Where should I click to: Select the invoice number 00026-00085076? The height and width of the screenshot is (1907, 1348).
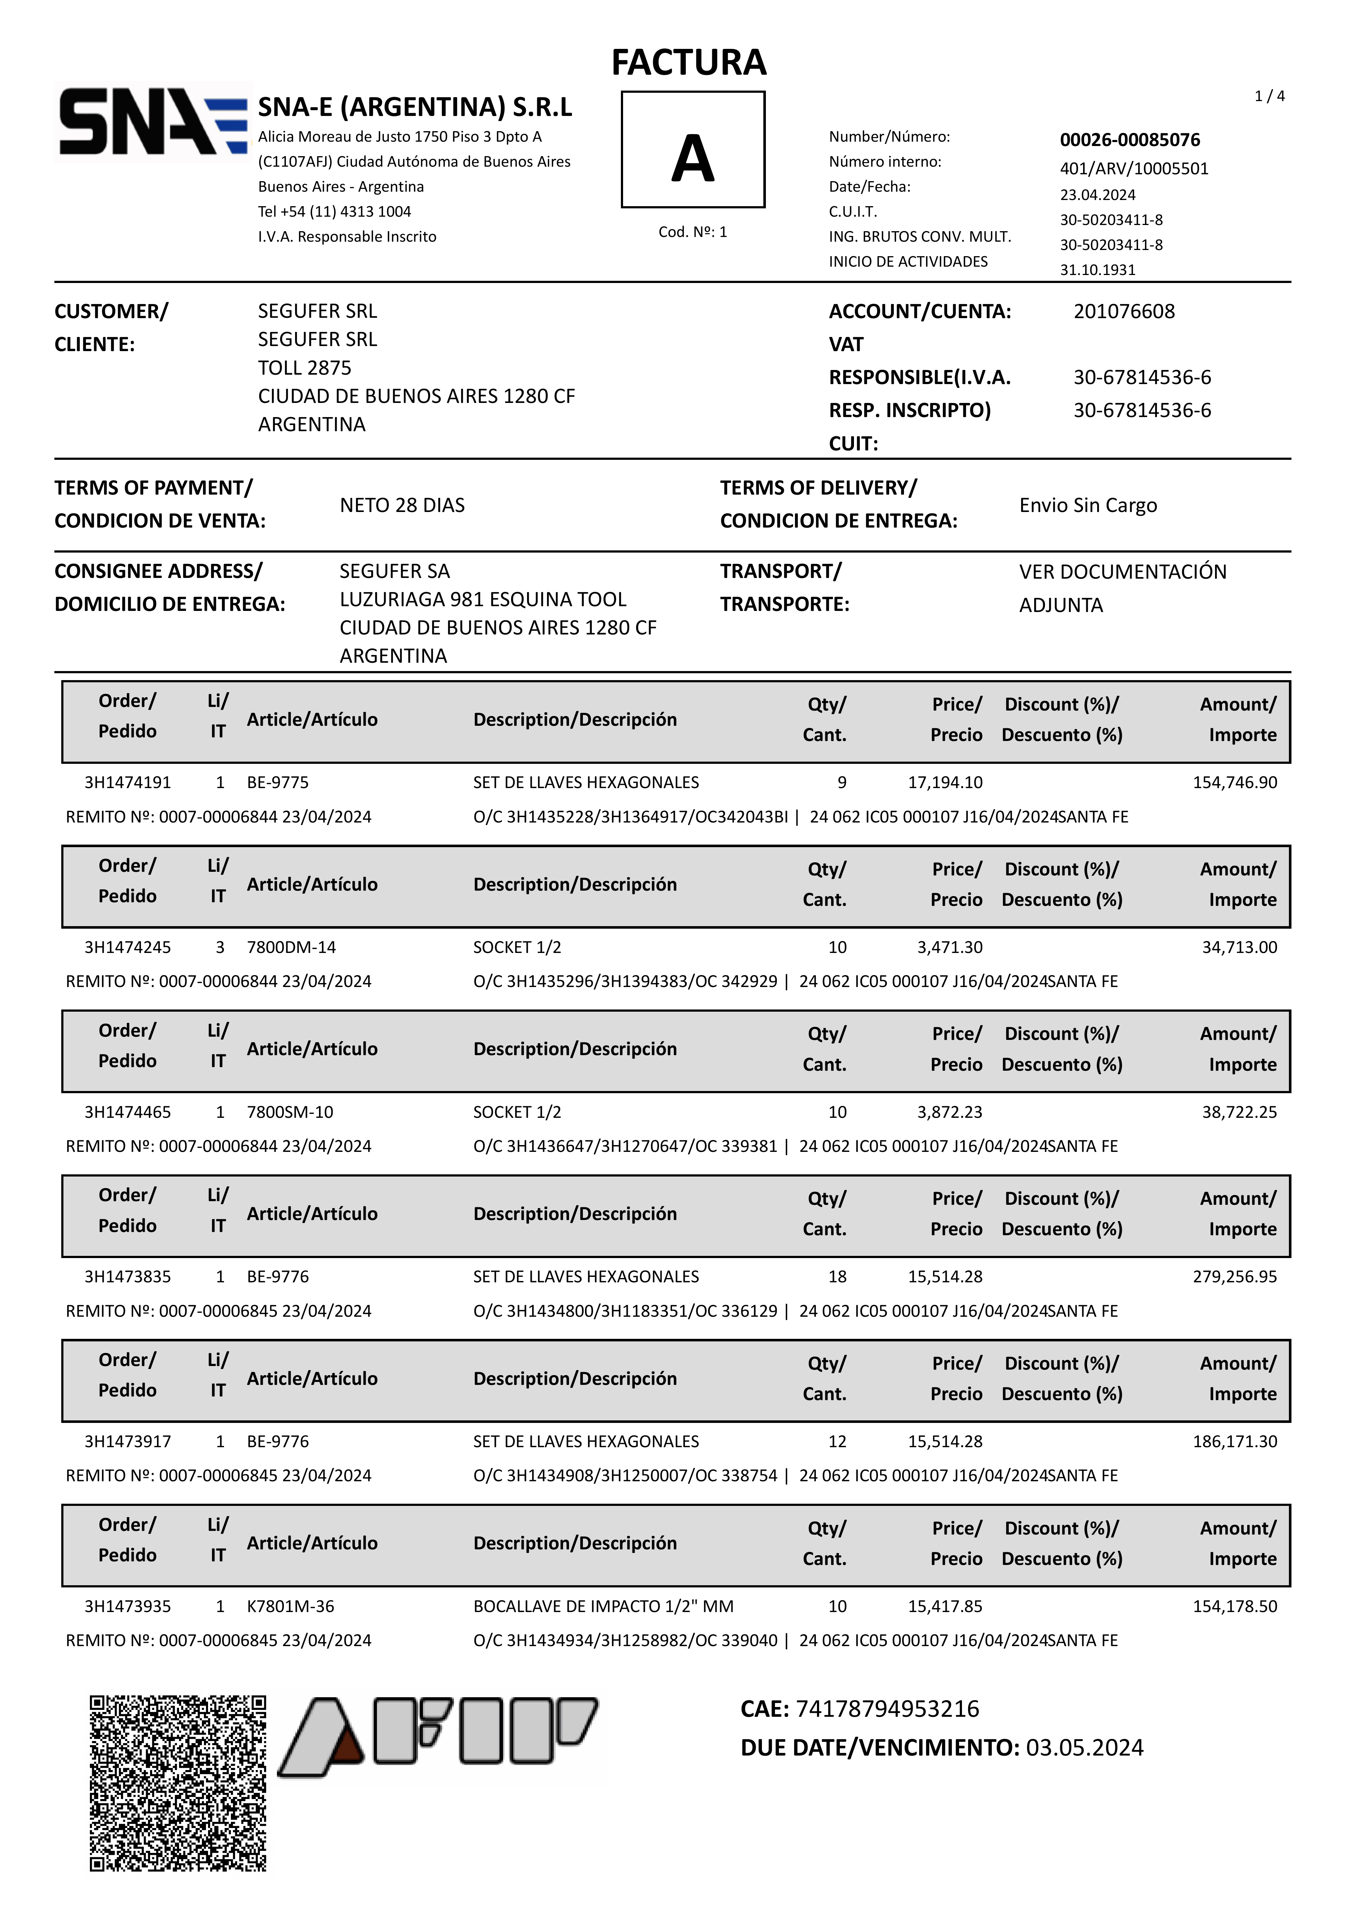pyautogui.click(x=1129, y=140)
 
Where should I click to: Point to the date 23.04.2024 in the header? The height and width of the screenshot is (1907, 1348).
pyautogui.click(x=1097, y=194)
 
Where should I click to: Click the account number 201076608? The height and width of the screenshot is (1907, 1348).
pyautogui.click(x=1124, y=312)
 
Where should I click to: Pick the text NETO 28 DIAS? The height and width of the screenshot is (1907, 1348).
pyautogui.click(x=402, y=505)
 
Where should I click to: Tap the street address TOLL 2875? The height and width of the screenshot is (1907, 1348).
pyautogui.click(x=304, y=368)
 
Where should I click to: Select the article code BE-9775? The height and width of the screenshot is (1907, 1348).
pyautogui.click(x=278, y=782)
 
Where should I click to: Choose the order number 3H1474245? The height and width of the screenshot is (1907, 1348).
pyautogui.click(x=127, y=947)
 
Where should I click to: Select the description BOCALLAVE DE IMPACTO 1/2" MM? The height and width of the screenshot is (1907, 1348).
pyautogui.click(x=604, y=1606)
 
